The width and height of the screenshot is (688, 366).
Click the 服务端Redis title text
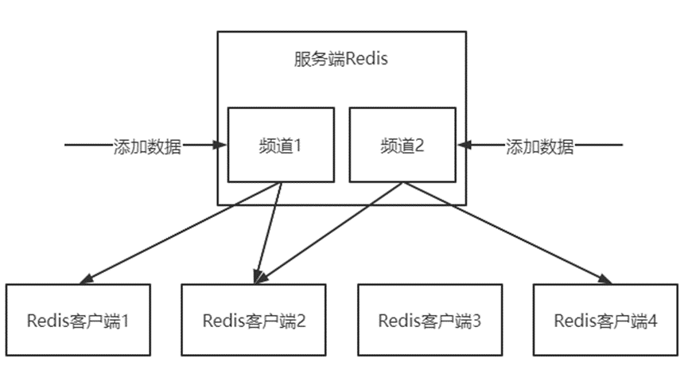pos(341,60)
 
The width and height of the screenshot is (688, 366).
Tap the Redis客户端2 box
pos(254,320)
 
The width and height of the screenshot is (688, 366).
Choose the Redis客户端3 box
pos(430,320)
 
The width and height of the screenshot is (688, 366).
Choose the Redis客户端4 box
pos(606,320)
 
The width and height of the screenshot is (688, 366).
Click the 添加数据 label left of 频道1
pos(148,147)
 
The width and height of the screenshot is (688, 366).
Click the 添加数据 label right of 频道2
pos(540,147)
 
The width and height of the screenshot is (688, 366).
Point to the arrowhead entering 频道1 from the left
pos(222,146)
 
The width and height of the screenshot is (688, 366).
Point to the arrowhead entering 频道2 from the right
pos(464,146)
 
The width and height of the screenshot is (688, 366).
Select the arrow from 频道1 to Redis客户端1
pos(183,232)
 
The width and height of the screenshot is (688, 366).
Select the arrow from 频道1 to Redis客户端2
pos(269,231)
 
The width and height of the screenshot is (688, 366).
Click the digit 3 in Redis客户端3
pos(476,321)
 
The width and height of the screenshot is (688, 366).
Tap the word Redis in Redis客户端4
pos(573,321)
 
